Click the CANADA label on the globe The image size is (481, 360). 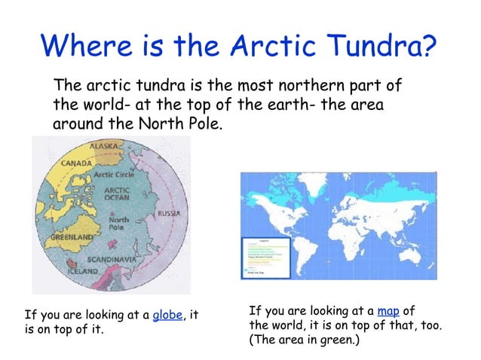coord(77,163)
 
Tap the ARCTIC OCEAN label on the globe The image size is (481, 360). coord(118,194)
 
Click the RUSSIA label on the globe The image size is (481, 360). coord(168,214)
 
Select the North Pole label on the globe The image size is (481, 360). coord(118,224)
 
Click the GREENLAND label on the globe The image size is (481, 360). coord(72,236)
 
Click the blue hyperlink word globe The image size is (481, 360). coord(167,315)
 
